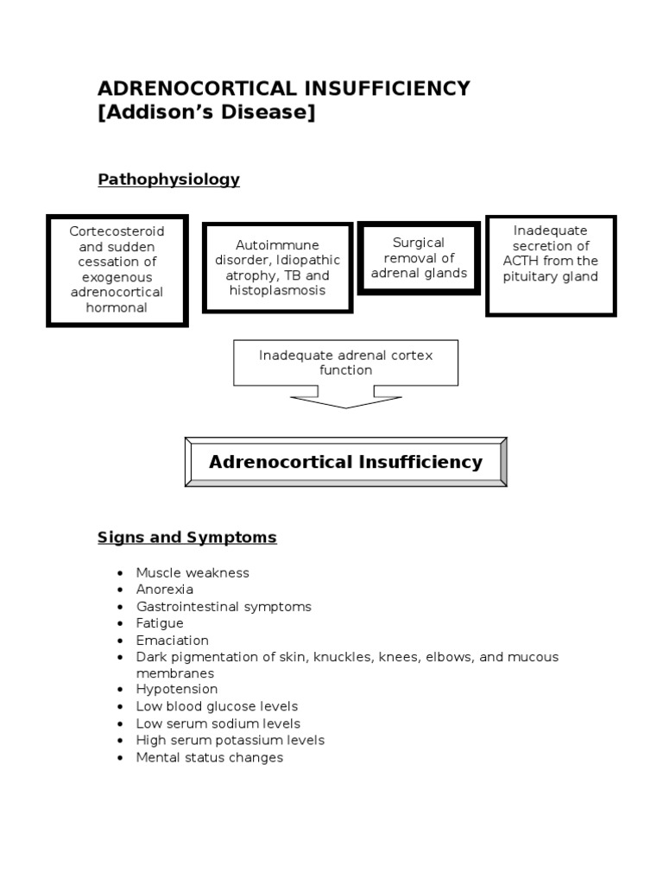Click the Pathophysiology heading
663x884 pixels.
pyautogui.click(x=168, y=180)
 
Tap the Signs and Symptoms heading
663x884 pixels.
pyautogui.click(x=186, y=537)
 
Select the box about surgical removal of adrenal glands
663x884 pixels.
pyautogui.click(x=418, y=258)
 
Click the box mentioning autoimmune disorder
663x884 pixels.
pyautogui.click(x=277, y=268)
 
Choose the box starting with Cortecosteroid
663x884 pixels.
pyautogui.click(x=117, y=269)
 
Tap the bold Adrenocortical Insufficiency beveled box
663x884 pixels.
pyautogui.click(x=345, y=462)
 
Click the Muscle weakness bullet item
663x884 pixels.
pyautogui.click(x=192, y=573)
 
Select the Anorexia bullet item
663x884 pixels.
pyautogui.click(x=164, y=590)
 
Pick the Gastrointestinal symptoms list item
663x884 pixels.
pyautogui.click(x=223, y=607)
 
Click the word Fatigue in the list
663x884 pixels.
pyautogui.click(x=160, y=623)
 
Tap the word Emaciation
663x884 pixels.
pyautogui.click(x=172, y=641)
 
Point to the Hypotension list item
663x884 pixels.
pyautogui.click(x=176, y=690)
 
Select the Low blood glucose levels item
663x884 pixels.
pyautogui.click(x=217, y=707)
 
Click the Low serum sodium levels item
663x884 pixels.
pyautogui.click(x=218, y=723)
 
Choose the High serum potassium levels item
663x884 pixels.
pyautogui.click(x=230, y=741)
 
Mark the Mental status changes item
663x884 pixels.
pyautogui.click(x=209, y=758)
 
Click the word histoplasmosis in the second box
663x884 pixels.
pyautogui.click(x=277, y=291)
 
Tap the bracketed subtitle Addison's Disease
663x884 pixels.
pyautogui.click(x=206, y=113)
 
